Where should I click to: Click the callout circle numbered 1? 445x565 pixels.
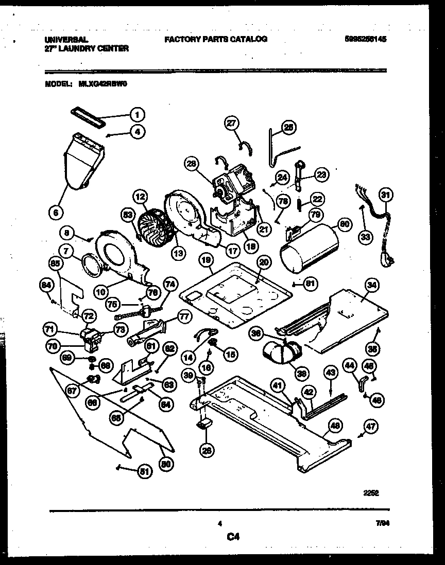pos(137,114)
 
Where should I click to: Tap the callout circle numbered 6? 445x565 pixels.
pos(56,211)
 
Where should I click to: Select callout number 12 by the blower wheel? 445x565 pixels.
pos(141,196)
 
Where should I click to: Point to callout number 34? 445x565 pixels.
pos(370,284)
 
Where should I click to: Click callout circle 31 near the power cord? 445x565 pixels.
pos(385,194)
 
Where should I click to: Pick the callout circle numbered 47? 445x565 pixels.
pos(370,426)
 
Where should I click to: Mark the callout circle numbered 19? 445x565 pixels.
pos(206,261)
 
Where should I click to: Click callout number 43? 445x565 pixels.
pos(330,371)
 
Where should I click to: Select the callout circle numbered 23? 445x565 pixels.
pos(321,175)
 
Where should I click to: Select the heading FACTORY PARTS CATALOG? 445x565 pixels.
pos(216,39)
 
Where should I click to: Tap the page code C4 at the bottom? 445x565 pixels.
pos(233,537)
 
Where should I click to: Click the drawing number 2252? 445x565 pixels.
pos(371,492)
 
